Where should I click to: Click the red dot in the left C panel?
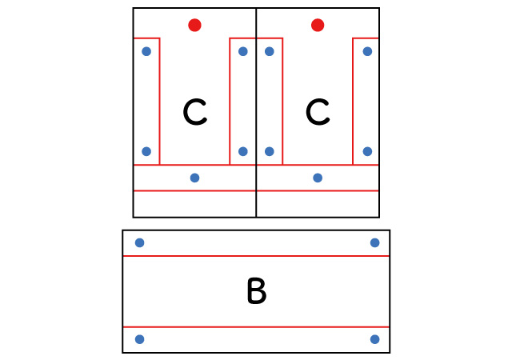click(194, 25)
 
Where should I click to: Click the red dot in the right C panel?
click(318, 25)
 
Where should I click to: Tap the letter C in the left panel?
click(194, 113)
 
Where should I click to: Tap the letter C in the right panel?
click(318, 113)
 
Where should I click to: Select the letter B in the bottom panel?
click(256, 292)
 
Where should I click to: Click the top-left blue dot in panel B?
click(139, 242)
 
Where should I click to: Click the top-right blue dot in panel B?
click(374, 242)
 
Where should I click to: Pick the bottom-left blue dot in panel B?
click(139, 339)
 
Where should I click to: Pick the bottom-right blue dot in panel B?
click(374, 339)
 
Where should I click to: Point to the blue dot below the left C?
click(194, 178)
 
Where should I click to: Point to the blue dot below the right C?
click(318, 178)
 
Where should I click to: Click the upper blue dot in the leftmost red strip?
click(146, 51)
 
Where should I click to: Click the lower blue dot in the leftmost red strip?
click(146, 151)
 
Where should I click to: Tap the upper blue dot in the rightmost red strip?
click(367, 51)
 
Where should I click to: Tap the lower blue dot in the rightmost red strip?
click(367, 151)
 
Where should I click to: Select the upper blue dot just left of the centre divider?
click(243, 51)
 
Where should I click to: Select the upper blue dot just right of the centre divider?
click(270, 51)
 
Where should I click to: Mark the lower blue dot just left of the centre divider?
click(243, 151)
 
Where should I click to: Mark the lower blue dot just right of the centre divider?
click(270, 151)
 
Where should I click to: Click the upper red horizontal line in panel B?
click(256, 256)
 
